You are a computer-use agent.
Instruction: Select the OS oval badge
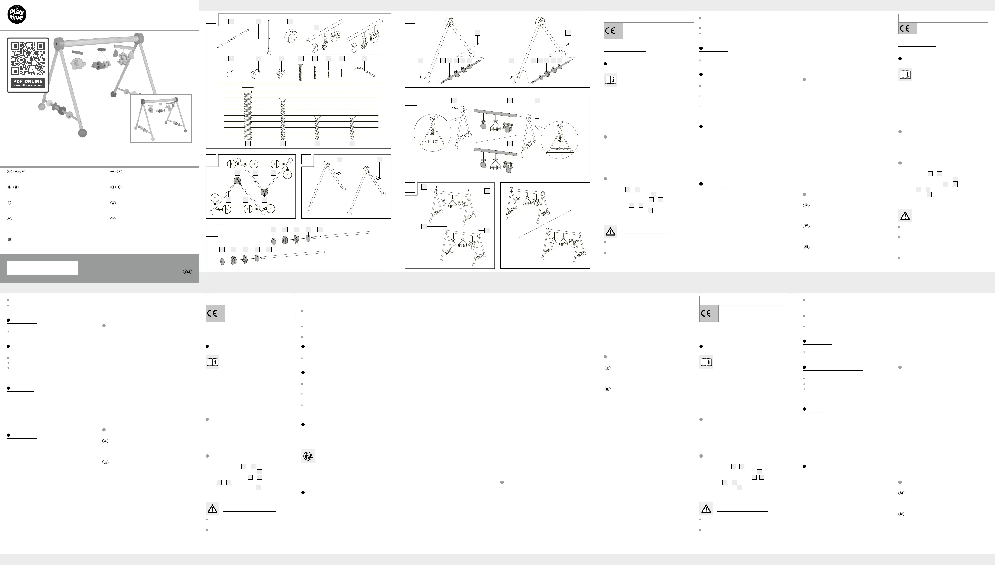point(187,272)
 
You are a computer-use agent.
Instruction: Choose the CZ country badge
point(113,203)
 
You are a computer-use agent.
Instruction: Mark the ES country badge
point(113,219)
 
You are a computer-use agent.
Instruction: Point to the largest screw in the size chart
point(248,113)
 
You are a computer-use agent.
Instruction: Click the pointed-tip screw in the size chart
point(352,127)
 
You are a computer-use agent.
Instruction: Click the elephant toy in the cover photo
point(78,63)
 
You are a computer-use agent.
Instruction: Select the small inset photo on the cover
point(161,119)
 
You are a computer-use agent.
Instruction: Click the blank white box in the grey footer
point(42,268)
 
